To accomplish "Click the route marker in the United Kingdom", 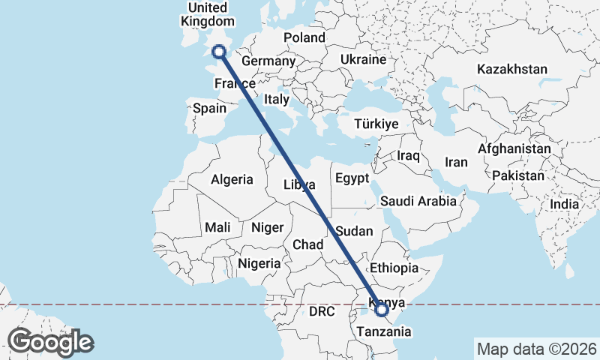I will pyautogui.click(x=219, y=52).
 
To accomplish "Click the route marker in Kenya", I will pyautogui.click(x=381, y=308).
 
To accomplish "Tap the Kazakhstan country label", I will pyautogui.click(x=512, y=69).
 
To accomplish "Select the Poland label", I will pyautogui.click(x=304, y=37).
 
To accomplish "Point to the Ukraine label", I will pyautogui.click(x=363, y=59).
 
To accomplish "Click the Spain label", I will pyautogui.click(x=209, y=108).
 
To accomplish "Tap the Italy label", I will pyautogui.click(x=277, y=99).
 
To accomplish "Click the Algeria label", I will pyautogui.click(x=232, y=180).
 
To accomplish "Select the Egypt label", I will pyautogui.click(x=352, y=178).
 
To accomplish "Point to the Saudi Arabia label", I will pyautogui.click(x=418, y=201).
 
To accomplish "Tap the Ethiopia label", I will pyautogui.click(x=393, y=268).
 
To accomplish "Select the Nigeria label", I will pyautogui.click(x=259, y=263).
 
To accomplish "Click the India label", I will pyautogui.click(x=564, y=204).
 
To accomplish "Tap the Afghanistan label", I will pyautogui.click(x=514, y=149).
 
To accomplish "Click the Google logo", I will pyautogui.click(x=50, y=342).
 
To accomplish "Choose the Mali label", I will pyautogui.click(x=217, y=227).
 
